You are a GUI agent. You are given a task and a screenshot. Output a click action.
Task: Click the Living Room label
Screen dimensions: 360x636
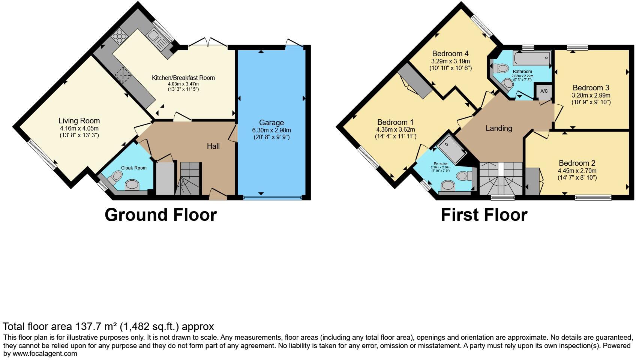[x=79, y=121]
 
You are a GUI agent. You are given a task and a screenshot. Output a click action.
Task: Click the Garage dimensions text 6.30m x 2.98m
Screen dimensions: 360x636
[x=271, y=130]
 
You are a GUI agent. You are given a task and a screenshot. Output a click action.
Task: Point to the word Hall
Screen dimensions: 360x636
[x=213, y=146]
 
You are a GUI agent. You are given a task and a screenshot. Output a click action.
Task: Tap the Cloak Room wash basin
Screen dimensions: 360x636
[x=132, y=184]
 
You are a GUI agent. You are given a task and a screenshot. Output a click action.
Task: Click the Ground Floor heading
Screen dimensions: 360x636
[x=160, y=215]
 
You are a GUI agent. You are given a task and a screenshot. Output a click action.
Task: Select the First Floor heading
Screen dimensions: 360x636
[x=484, y=215]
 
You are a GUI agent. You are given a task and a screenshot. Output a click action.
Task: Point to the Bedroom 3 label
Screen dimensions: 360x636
[x=591, y=88]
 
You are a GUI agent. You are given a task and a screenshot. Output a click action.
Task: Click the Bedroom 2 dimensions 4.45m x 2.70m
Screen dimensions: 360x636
[x=577, y=171]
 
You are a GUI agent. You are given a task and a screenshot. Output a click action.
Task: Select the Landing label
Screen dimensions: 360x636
[x=499, y=128]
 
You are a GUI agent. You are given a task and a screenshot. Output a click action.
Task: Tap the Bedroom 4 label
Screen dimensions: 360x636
[x=450, y=54]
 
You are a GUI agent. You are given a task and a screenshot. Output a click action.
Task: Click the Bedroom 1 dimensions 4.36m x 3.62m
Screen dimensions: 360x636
[x=396, y=130]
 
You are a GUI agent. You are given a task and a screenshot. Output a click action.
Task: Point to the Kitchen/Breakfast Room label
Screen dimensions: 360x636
[x=183, y=78]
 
